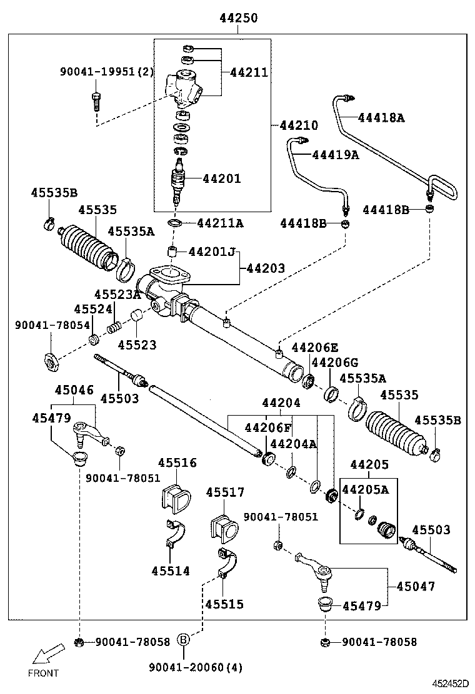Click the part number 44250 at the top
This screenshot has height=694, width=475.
pos(238,18)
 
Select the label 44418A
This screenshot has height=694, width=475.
pos(381,117)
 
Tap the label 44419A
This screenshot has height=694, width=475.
pos(336,155)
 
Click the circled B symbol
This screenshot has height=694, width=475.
pos(184,639)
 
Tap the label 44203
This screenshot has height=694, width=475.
pos(266,268)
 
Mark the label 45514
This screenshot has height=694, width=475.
pos(170,570)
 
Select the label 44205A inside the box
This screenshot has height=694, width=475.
pos(365,490)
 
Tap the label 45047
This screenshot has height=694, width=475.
pos(416,587)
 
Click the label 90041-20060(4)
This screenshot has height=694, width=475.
pos(196,667)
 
